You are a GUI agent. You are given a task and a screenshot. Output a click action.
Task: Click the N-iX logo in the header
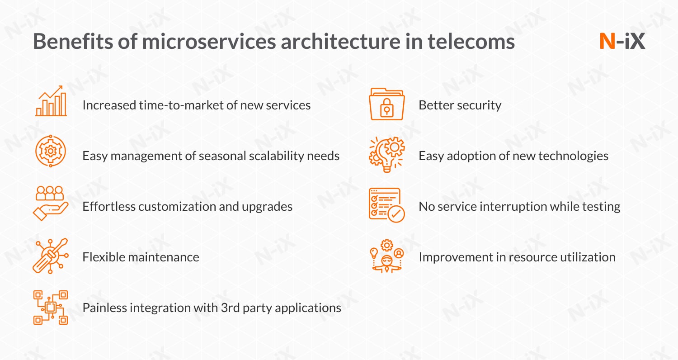pos(622,42)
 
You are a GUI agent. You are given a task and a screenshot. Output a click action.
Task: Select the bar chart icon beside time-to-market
pos(51,101)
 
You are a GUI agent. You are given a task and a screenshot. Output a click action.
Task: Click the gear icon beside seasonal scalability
pos(51,152)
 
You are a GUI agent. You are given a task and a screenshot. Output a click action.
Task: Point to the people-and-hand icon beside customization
pos(51,203)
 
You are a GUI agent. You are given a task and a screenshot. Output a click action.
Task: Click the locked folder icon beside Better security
pos(386,104)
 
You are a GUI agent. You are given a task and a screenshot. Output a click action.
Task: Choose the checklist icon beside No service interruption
pos(386,205)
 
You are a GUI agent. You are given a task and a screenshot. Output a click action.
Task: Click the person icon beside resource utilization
pos(386,256)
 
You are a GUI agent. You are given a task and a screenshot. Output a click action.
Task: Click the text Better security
pos(460,105)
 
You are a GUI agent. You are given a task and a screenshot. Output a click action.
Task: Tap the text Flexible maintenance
pos(141,257)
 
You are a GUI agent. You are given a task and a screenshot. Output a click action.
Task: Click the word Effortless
pos(108,207)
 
